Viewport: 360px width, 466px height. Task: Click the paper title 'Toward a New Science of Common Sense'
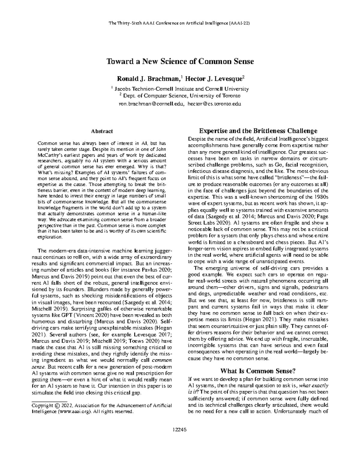click(x=180, y=62)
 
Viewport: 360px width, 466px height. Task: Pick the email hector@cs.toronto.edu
click(x=214, y=104)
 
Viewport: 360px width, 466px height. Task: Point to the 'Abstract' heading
click(x=102, y=131)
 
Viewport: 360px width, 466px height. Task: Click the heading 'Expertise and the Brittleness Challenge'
click(x=258, y=131)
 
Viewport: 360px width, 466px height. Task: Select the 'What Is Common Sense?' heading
click(x=258, y=370)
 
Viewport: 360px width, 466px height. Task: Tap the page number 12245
click(x=180, y=429)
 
